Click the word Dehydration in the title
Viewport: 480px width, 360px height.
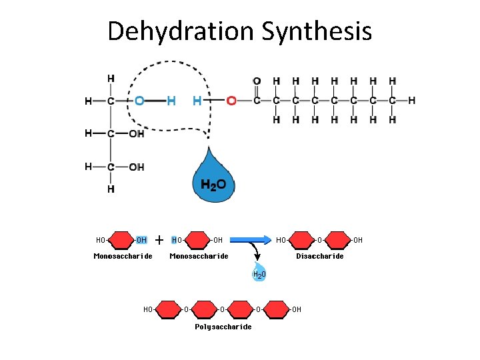point(181,31)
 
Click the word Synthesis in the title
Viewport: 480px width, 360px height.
point(317,31)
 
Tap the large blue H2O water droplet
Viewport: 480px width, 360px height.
point(214,177)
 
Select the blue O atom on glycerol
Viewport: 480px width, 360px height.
point(139,101)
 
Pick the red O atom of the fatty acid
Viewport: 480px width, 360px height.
point(231,101)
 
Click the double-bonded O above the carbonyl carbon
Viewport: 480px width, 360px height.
point(257,81)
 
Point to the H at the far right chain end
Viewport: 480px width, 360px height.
point(412,101)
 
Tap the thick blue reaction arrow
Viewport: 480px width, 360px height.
point(251,240)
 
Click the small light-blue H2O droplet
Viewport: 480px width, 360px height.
point(259,271)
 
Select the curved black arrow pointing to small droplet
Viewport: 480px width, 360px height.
point(255,249)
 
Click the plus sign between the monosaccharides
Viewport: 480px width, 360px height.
point(159,240)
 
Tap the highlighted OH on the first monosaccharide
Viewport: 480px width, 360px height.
point(141,240)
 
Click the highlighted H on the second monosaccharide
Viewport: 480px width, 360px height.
point(174,240)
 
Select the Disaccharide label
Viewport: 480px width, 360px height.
point(320,256)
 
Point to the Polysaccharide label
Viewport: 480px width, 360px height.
point(223,327)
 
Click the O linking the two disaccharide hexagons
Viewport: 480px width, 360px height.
point(319,240)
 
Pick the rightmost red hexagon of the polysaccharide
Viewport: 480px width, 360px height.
point(276,309)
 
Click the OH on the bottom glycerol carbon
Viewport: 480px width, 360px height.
point(137,167)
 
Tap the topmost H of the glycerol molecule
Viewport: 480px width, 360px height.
point(111,79)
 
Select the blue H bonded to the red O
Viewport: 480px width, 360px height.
point(197,101)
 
